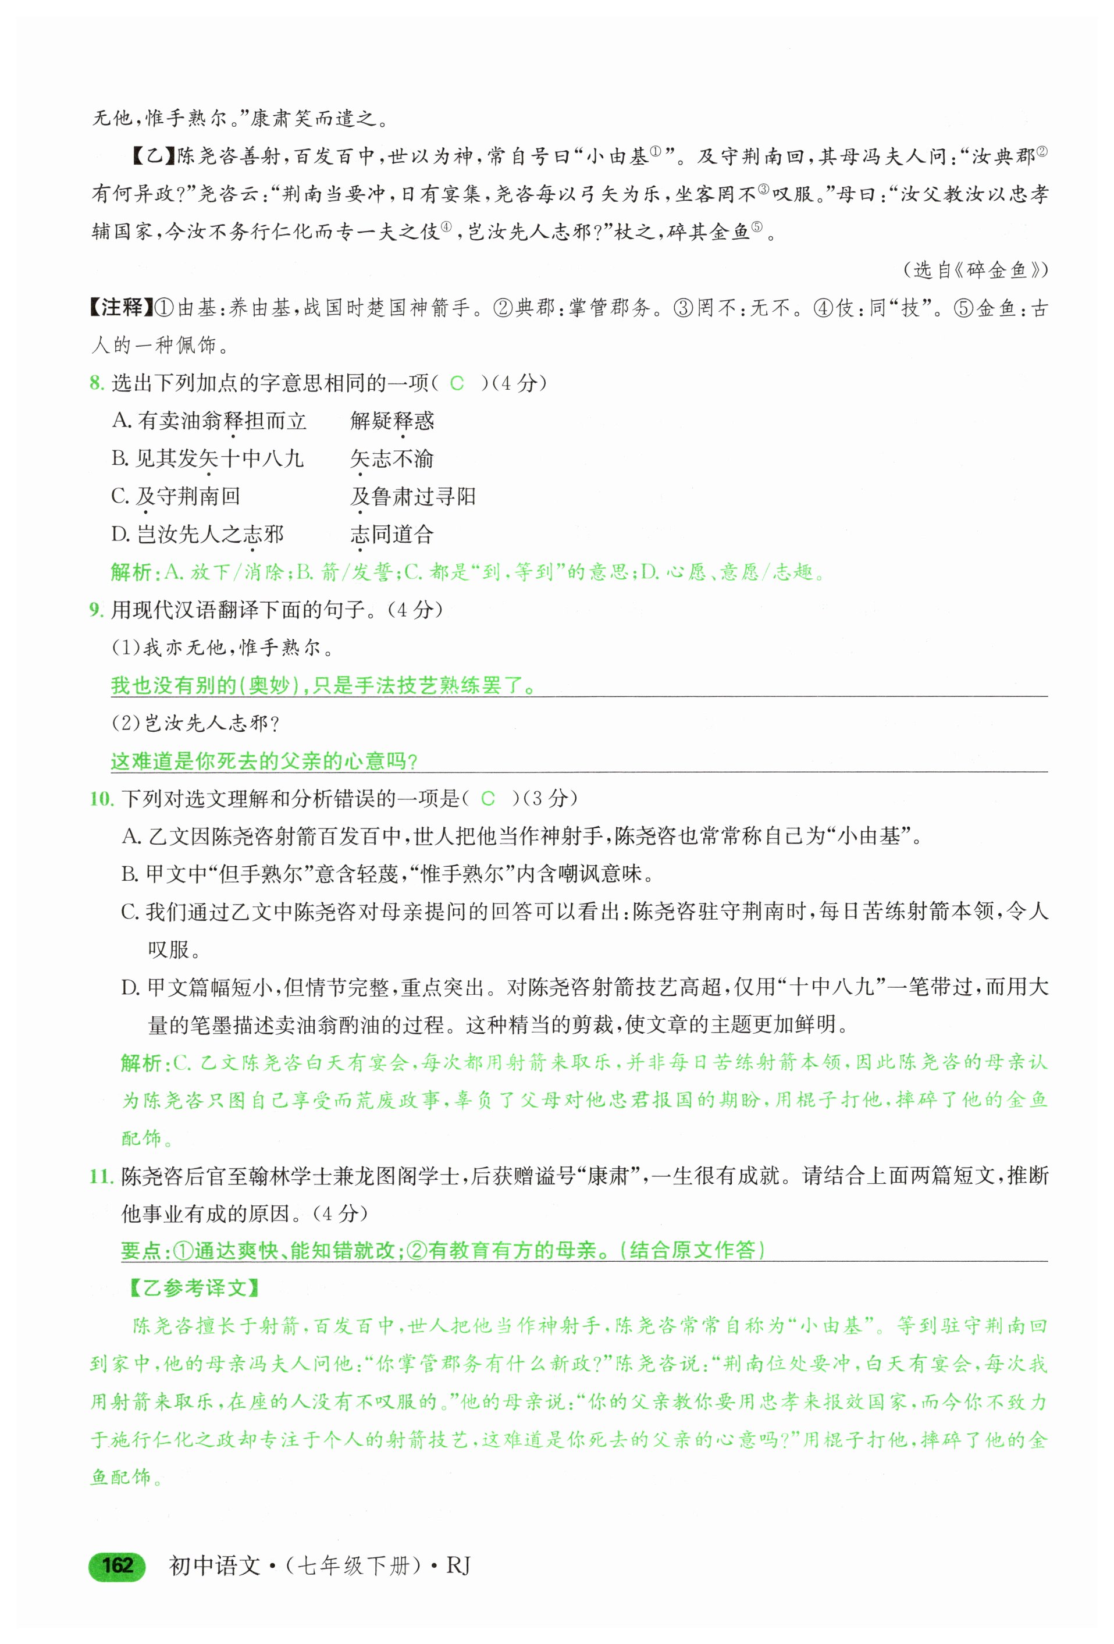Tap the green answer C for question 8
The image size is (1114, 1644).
[457, 383]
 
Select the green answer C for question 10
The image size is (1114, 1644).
[487, 799]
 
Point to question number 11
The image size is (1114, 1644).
[101, 1176]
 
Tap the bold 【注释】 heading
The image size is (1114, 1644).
[118, 308]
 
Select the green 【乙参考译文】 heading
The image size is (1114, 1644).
[194, 1288]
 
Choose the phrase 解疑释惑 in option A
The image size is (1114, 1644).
[392, 421]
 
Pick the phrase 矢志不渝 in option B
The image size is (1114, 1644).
[392, 459]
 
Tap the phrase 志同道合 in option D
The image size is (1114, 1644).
[392, 534]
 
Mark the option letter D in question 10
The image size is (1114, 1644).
[130, 988]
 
